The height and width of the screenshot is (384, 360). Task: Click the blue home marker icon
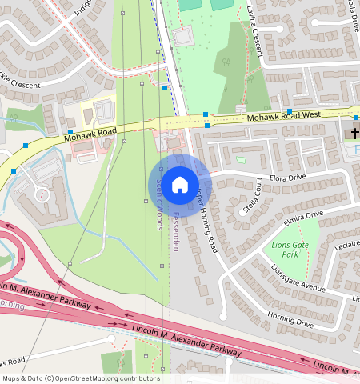[x=180, y=185]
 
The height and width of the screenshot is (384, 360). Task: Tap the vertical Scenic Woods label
[x=158, y=200]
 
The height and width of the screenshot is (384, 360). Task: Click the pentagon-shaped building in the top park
[x=182, y=36]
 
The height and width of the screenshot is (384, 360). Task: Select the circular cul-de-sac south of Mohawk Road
[x=41, y=194]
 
